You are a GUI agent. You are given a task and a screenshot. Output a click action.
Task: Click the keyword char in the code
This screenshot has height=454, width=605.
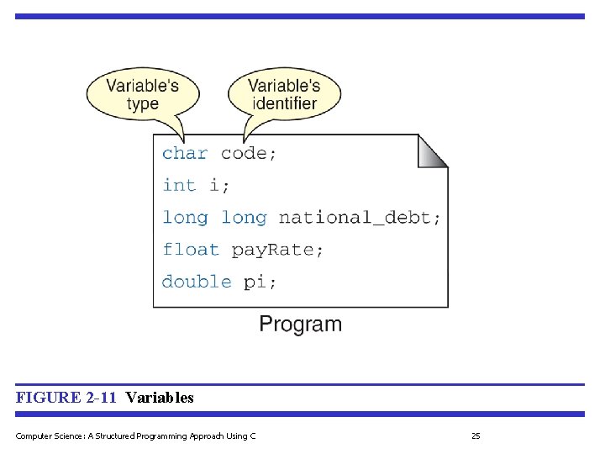[184, 153]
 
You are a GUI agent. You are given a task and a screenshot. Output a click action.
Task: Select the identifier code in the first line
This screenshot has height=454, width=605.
[248, 153]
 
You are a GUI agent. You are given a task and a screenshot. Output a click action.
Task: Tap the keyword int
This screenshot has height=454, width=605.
[178, 185]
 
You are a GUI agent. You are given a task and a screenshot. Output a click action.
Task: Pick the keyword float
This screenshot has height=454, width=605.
[190, 250]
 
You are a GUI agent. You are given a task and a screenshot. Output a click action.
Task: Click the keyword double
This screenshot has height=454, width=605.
[196, 282]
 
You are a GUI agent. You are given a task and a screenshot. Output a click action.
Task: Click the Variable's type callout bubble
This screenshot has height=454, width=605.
[143, 94]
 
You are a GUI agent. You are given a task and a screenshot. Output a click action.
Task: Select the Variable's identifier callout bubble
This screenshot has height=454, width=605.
[284, 94]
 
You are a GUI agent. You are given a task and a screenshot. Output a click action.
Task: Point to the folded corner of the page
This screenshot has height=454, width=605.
[432, 151]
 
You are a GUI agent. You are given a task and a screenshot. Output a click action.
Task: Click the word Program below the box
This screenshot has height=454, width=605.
[300, 325]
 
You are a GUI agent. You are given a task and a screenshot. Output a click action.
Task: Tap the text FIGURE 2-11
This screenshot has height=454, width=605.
[66, 398]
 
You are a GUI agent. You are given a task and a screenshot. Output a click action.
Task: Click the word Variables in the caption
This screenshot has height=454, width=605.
[160, 398]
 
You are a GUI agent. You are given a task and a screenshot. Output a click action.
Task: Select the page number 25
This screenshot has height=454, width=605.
[476, 436]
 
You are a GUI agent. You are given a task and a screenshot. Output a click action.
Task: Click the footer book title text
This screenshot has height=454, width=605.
[135, 436]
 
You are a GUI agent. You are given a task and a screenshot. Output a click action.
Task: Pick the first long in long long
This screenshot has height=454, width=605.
[185, 218]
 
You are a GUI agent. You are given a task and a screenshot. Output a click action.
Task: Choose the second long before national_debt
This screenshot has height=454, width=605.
[243, 218]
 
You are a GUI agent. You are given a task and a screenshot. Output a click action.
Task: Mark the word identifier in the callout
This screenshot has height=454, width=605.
[284, 104]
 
